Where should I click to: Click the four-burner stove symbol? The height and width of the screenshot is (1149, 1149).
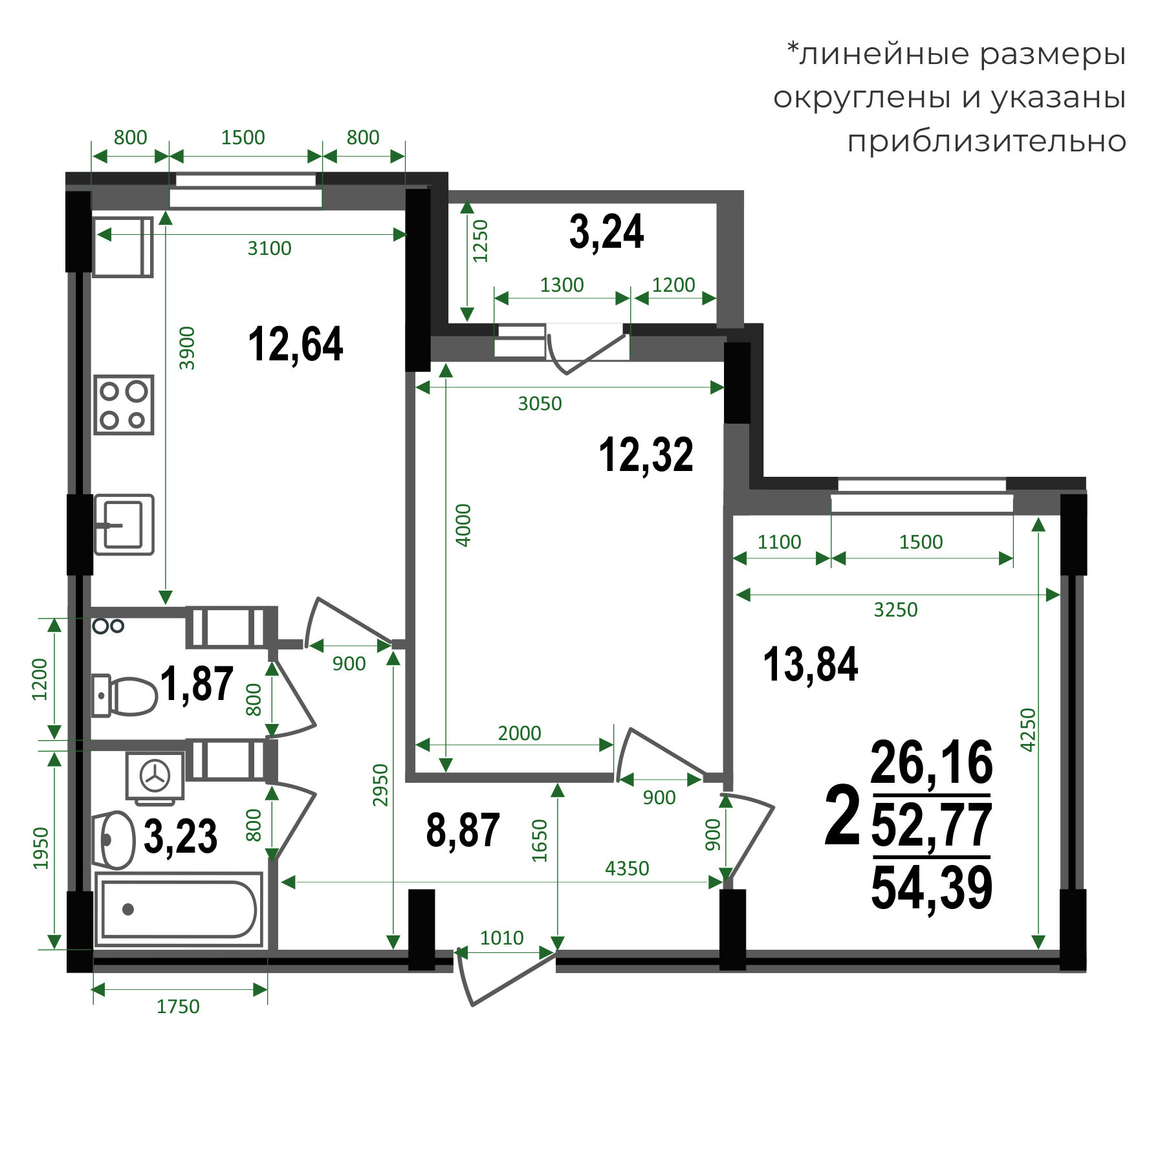click(124, 404)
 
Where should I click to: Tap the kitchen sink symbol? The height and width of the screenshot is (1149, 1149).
click(124, 525)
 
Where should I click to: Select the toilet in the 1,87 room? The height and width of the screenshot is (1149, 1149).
click(124, 696)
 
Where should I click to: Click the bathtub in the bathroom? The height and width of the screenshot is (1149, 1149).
click(179, 909)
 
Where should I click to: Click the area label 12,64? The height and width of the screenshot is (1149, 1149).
click(296, 344)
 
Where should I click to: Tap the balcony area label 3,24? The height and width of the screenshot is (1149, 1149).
click(606, 232)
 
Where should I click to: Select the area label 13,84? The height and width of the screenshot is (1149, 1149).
click(811, 664)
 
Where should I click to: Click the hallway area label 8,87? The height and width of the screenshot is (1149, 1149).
click(463, 830)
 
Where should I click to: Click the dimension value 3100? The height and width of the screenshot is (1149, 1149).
click(269, 248)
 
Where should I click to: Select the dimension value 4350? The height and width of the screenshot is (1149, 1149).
click(627, 868)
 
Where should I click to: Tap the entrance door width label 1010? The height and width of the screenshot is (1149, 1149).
click(501, 937)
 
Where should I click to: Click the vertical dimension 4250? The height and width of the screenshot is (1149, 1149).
click(1028, 730)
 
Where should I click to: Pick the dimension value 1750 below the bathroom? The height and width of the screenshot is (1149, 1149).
click(178, 1007)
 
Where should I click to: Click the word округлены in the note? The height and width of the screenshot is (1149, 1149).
click(864, 98)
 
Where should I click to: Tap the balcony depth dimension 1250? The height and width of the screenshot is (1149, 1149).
click(480, 241)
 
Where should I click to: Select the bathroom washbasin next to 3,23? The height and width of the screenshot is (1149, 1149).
click(113, 840)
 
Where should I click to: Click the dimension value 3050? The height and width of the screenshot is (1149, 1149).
click(540, 403)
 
